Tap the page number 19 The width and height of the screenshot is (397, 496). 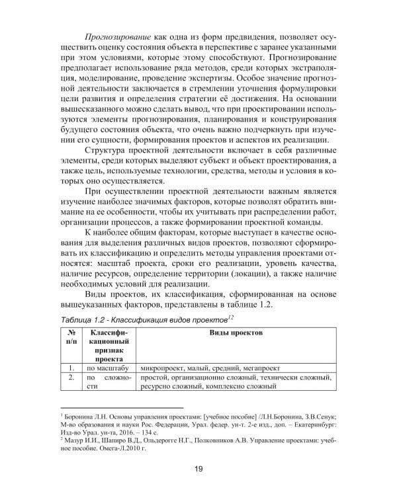tap(198, 470)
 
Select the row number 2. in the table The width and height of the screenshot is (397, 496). tap(70, 378)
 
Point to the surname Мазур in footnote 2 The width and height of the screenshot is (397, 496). tap(73, 438)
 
